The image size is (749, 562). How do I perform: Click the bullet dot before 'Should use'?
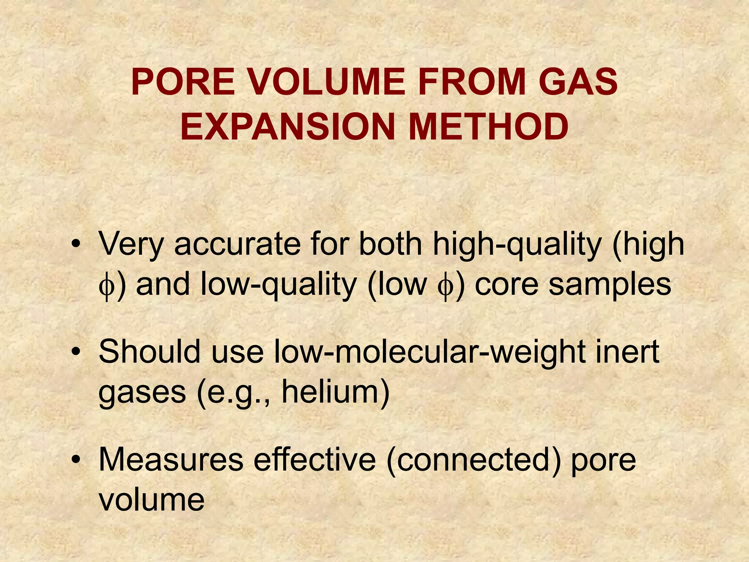pyautogui.click(x=76, y=352)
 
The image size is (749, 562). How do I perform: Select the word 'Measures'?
pyautogui.click(x=171, y=460)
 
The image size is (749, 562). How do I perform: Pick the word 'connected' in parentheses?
pyautogui.click(x=473, y=460)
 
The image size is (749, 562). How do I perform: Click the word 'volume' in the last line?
pyautogui.click(x=151, y=499)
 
